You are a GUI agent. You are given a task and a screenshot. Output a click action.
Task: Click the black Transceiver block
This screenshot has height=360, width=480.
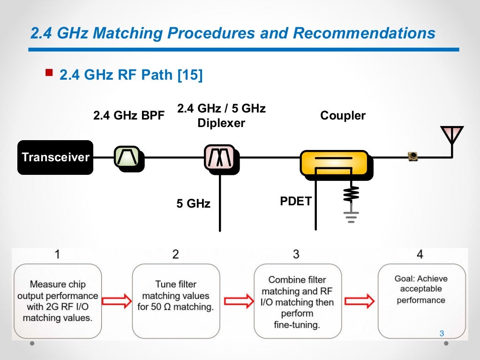(55, 157)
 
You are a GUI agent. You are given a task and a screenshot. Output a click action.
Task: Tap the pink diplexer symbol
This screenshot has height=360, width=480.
(219, 157)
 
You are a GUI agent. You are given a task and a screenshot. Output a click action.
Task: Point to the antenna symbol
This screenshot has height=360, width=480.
(451, 136)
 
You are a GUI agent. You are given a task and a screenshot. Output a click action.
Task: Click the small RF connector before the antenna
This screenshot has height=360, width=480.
(412, 157)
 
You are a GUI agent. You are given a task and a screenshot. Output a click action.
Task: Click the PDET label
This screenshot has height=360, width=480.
(295, 202)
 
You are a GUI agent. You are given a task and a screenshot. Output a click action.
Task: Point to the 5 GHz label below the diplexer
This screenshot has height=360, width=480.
(193, 203)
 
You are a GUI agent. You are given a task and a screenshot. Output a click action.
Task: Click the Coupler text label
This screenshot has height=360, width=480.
(343, 115)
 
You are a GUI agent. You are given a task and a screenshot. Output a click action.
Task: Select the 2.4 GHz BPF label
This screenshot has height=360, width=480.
(129, 115)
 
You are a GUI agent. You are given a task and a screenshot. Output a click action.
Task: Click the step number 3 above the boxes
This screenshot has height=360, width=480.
(296, 255)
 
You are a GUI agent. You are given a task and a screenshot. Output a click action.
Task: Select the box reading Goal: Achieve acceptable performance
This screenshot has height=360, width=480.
(421, 300)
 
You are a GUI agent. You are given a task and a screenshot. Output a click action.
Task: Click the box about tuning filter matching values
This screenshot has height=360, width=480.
(176, 300)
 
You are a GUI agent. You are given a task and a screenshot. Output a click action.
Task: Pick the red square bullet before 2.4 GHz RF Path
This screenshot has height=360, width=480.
(49, 73)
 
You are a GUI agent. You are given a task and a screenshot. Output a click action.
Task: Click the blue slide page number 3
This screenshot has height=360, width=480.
(441, 334)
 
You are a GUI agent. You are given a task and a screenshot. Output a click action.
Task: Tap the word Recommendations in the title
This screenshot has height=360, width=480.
(364, 33)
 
